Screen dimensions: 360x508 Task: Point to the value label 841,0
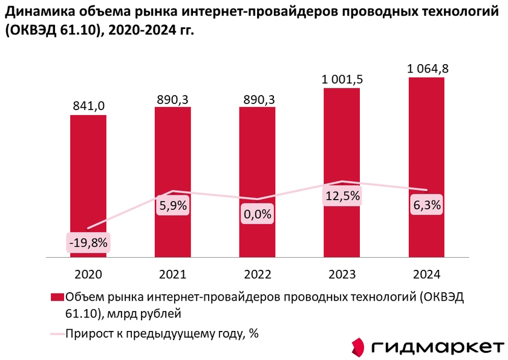click(88, 106)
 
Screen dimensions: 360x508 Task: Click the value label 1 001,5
click(342, 79)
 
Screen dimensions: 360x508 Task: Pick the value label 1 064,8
click(426, 68)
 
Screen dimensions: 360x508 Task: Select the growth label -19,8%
click(88, 243)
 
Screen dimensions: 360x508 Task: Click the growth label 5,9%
click(173, 205)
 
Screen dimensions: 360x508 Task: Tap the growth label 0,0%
click(257, 214)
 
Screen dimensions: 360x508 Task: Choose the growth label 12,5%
click(342, 195)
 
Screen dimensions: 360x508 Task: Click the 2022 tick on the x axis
click(257, 274)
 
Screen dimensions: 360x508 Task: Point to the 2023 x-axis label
click(342, 274)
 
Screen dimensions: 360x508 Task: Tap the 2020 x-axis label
click(88, 274)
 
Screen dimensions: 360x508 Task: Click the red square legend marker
click(57, 296)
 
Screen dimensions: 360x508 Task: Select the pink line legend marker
click(56, 332)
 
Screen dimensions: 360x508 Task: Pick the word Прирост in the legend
click(88, 332)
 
